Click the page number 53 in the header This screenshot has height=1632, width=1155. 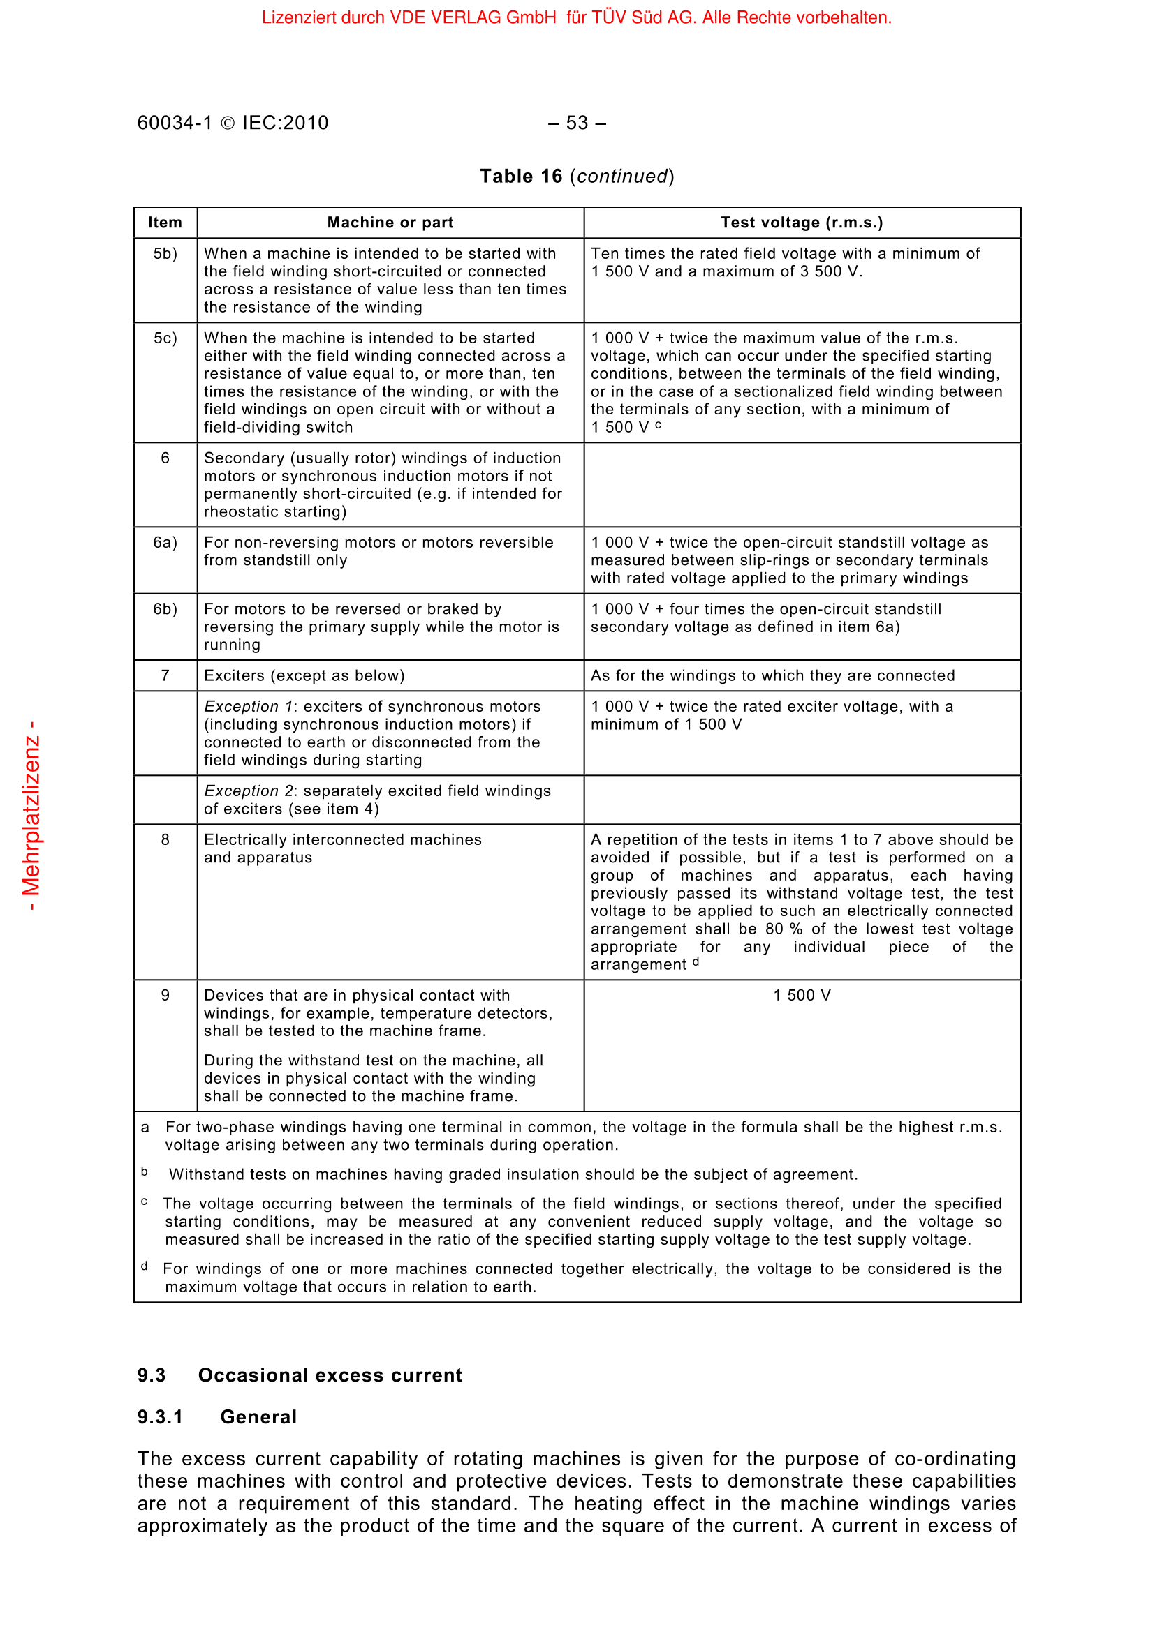(x=577, y=123)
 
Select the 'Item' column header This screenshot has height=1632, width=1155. (x=165, y=223)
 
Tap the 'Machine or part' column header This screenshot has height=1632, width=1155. (x=390, y=223)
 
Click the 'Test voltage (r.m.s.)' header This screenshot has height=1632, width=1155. (x=802, y=223)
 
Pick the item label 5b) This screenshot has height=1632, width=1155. (x=165, y=254)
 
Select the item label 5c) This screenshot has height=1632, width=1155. (x=165, y=338)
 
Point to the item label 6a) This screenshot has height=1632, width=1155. (x=165, y=543)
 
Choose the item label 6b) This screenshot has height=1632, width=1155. (x=165, y=609)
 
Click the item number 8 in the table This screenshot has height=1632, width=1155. (x=165, y=839)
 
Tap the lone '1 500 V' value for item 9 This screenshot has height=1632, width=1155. (x=802, y=995)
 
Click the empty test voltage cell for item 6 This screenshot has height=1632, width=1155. (x=802, y=485)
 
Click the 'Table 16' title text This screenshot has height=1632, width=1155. (x=521, y=177)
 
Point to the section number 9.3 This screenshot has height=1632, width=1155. (x=152, y=1375)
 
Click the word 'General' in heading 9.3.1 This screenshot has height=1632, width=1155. (x=258, y=1416)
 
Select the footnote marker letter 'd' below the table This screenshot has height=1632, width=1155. (x=145, y=1266)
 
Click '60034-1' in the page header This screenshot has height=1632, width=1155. (x=175, y=123)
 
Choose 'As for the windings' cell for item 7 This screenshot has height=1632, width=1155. (x=772, y=676)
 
